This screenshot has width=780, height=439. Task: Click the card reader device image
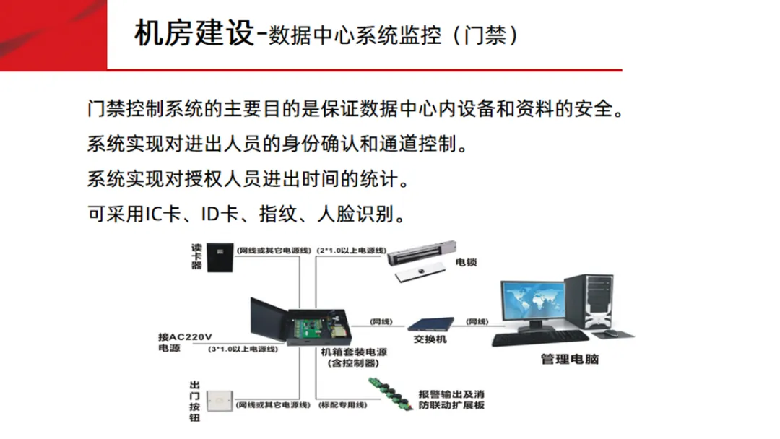pyautogui.click(x=218, y=255)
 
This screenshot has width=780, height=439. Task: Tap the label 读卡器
pyautogui.click(x=196, y=255)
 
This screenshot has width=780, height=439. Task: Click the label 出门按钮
pyautogui.click(x=195, y=400)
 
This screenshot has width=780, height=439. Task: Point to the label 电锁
pyautogui.click(x=466, y=262)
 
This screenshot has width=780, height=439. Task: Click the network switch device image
pyautogui.click(x=430, y=323)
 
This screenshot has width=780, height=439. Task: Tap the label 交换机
pyautogui.click(x=430, y=339)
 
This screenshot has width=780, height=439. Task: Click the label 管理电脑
pyautogui.click(x=570, y=359)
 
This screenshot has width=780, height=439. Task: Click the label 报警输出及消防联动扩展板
pyautogui.click(x=451, y=400)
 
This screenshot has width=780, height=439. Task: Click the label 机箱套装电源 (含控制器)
pyautogui.click(x=354, y=357)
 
